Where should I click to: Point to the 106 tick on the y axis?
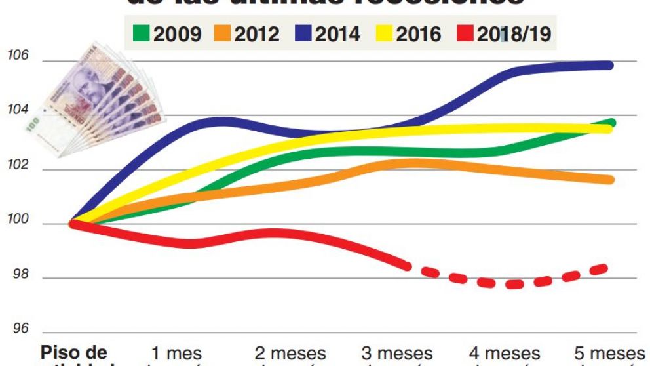(18, 56)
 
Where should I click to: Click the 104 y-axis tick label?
(18, 111)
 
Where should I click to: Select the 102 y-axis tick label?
(18, 165)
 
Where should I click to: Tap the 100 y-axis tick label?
(18, 220)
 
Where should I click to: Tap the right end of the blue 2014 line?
(609, 65)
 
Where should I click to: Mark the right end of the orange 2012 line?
(610, 180)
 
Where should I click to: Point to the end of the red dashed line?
(607, 267)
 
